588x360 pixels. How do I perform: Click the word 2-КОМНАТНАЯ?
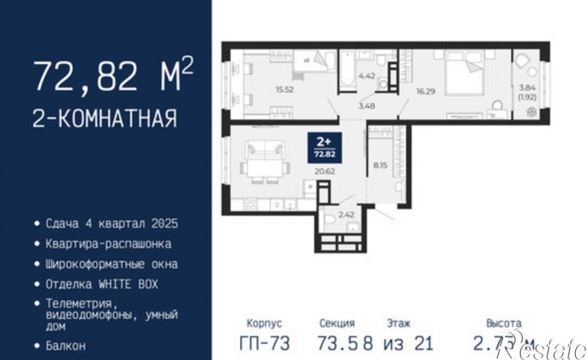point(104,119)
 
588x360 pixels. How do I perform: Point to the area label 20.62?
point(324,172)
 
